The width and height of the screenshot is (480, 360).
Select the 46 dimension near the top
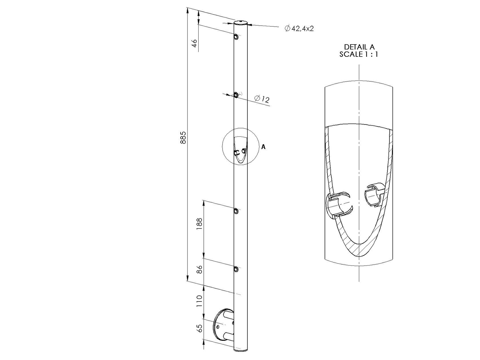click(x=194, y=43)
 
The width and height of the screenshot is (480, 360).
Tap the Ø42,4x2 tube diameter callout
click(x=299, y=28)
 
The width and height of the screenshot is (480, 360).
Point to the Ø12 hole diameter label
click(x=262, y=99)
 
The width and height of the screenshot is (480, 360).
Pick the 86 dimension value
click(x=199, y=269)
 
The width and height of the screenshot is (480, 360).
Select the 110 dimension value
click(x=199, y=301)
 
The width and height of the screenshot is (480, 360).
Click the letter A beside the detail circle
click(x=263, y=147)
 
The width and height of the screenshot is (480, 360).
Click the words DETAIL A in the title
click(x=359, y=47)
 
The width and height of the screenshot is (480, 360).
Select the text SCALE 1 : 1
click(x=359, y=54)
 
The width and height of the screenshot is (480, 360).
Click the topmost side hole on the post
click(x=236, y=37)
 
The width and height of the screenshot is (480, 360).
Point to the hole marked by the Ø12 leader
click(x=236, y=95)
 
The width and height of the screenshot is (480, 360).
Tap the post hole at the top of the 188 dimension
click(x=236, y=211)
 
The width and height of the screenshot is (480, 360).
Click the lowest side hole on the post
click(x=236, y=269)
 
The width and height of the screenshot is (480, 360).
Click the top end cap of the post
click(x=241, y=22)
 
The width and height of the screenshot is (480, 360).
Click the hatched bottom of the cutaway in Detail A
click(x=359, y=248)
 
